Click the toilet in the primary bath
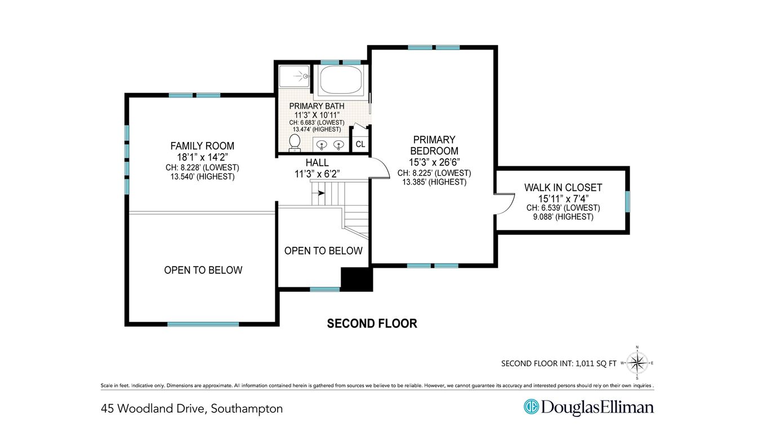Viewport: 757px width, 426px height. (295, 143)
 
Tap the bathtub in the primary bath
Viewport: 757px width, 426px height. (341, 80)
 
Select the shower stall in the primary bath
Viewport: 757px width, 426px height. (294, 77)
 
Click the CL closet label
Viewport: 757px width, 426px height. (360, 144)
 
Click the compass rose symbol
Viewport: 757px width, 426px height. (637, 363)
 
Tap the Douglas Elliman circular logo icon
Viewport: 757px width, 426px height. (531, 407)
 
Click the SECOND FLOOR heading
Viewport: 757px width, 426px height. (372, 323)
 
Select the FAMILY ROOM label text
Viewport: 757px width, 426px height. (202, 146)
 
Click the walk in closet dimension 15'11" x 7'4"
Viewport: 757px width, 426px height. (563, 198)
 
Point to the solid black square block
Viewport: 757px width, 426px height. (357, 279)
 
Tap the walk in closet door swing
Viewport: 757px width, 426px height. (505, 204)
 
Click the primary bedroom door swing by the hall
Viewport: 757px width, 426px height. (379, 167)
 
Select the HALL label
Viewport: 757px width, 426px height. (317, 163)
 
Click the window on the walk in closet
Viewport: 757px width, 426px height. (627, 202)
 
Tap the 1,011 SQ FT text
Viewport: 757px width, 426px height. (596, 364)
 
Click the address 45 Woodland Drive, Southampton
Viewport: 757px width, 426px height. (192, 409)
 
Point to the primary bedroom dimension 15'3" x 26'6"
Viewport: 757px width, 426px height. (434, 162)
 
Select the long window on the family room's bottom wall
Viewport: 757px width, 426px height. (203, 324)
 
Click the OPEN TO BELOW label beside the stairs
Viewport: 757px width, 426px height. (323, 251)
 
